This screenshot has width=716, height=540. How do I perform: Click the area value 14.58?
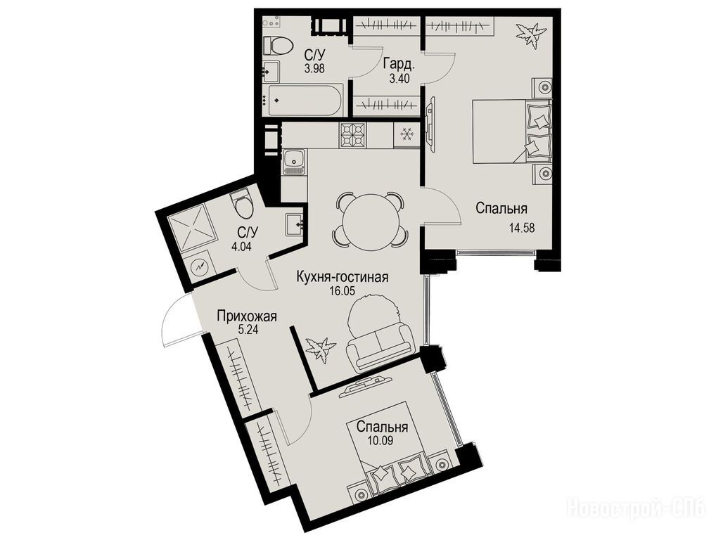click(x=521, y=227)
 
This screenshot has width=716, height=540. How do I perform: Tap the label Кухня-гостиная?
click(x=343, y=277)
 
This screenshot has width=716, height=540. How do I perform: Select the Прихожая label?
click(x=247, y=316)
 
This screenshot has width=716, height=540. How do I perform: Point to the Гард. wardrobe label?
click(x=399, y=63)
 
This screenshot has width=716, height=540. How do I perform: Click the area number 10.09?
click(x=381, y=440)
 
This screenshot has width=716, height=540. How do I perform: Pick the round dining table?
click(x=369, y=219)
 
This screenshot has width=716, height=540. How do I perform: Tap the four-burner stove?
click(x=352, y=136)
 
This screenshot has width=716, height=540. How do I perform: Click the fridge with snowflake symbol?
click(x=406, y=135)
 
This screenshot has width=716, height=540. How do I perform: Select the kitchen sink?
click(x=293, y=163)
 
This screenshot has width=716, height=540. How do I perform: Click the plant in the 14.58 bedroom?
click(x=530, y=34)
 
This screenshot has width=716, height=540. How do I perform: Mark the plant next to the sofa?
click(x=321, y=349)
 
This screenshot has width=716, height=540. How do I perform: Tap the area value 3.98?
click(x=315, y=70)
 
